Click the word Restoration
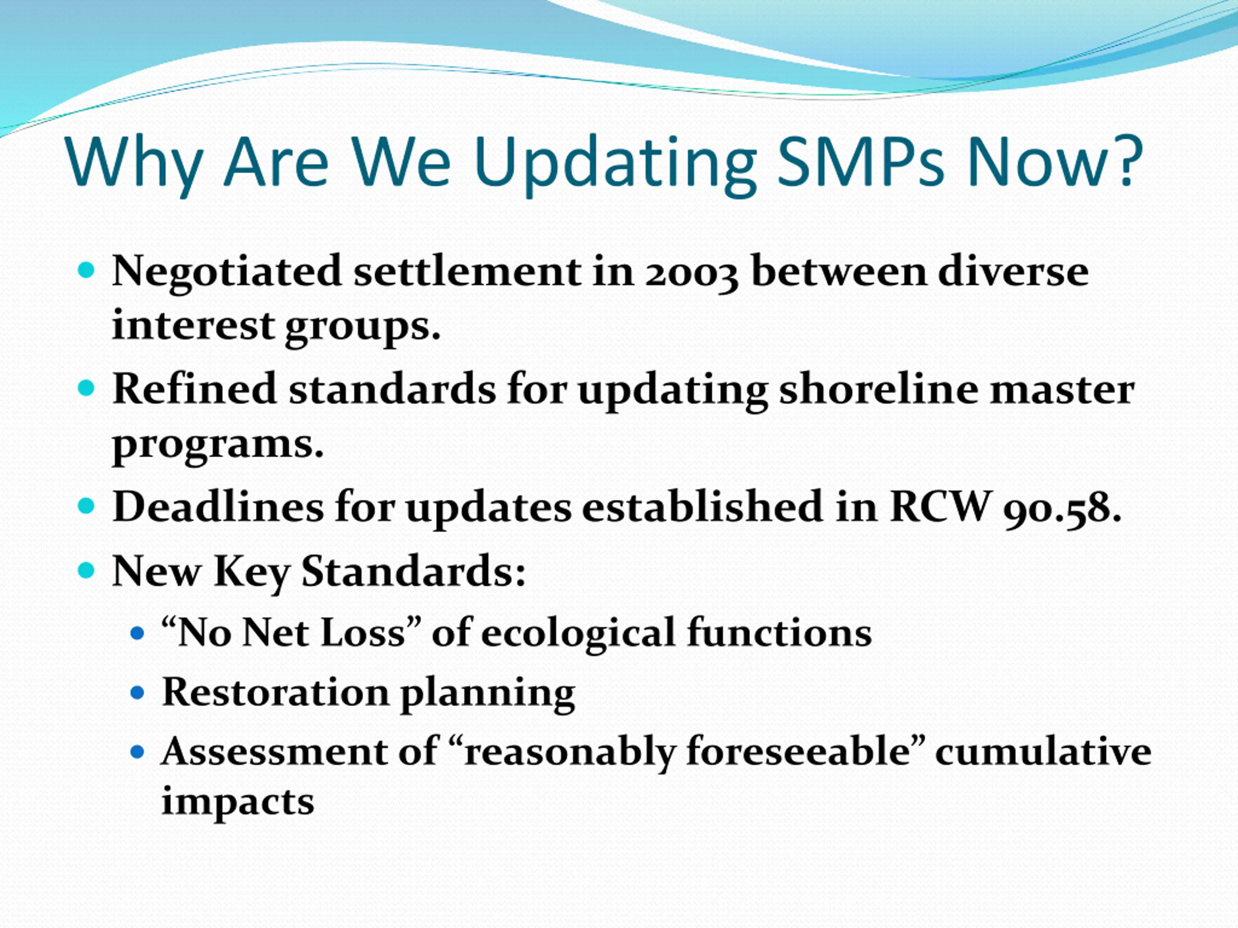click(x=275, y=693)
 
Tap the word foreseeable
click(x=797, y=751)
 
